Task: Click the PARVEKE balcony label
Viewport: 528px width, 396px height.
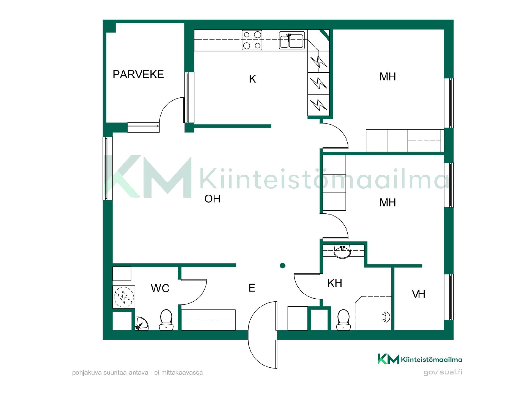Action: tap(138, 74)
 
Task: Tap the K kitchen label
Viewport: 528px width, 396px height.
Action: tap(252, 79)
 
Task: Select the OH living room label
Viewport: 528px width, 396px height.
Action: tap(212, 199)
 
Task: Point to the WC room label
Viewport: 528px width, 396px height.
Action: tap(160, 288)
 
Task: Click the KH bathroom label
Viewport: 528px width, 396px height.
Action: tap(335, 283)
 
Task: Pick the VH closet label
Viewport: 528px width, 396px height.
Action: tap(419, 294)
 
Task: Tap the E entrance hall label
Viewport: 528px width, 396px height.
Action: tap(252, 288)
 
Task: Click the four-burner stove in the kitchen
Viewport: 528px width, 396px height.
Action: tap(252, 40)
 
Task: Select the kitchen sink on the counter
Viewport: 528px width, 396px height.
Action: tap(292, 40)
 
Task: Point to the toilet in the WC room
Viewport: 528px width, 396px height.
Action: tap(166, 320)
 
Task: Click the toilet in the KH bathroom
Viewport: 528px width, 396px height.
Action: tap(343, 320)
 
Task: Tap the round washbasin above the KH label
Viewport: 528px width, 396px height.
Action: tap(342, 252)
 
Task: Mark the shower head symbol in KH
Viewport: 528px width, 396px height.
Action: tap(386, 317)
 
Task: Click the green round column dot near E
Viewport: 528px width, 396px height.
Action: tap(282, 266)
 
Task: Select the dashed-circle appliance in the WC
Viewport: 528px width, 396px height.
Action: tap(124, 297)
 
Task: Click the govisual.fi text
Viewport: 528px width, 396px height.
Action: tap(443, 372)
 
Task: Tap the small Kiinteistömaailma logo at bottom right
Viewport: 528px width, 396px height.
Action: tap(420, 359)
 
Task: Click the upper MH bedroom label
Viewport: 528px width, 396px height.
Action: tap(387, 77)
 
